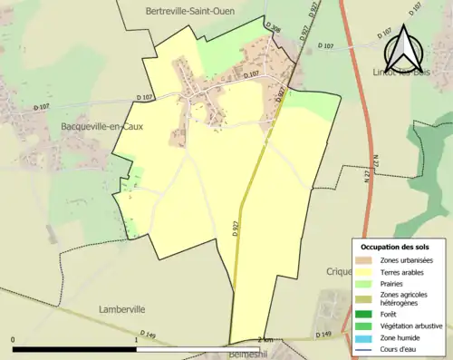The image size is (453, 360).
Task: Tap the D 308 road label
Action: (275, 29)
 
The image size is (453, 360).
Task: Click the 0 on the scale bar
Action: (13, 339)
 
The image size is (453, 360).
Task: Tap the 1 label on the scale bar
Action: (136, 339)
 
